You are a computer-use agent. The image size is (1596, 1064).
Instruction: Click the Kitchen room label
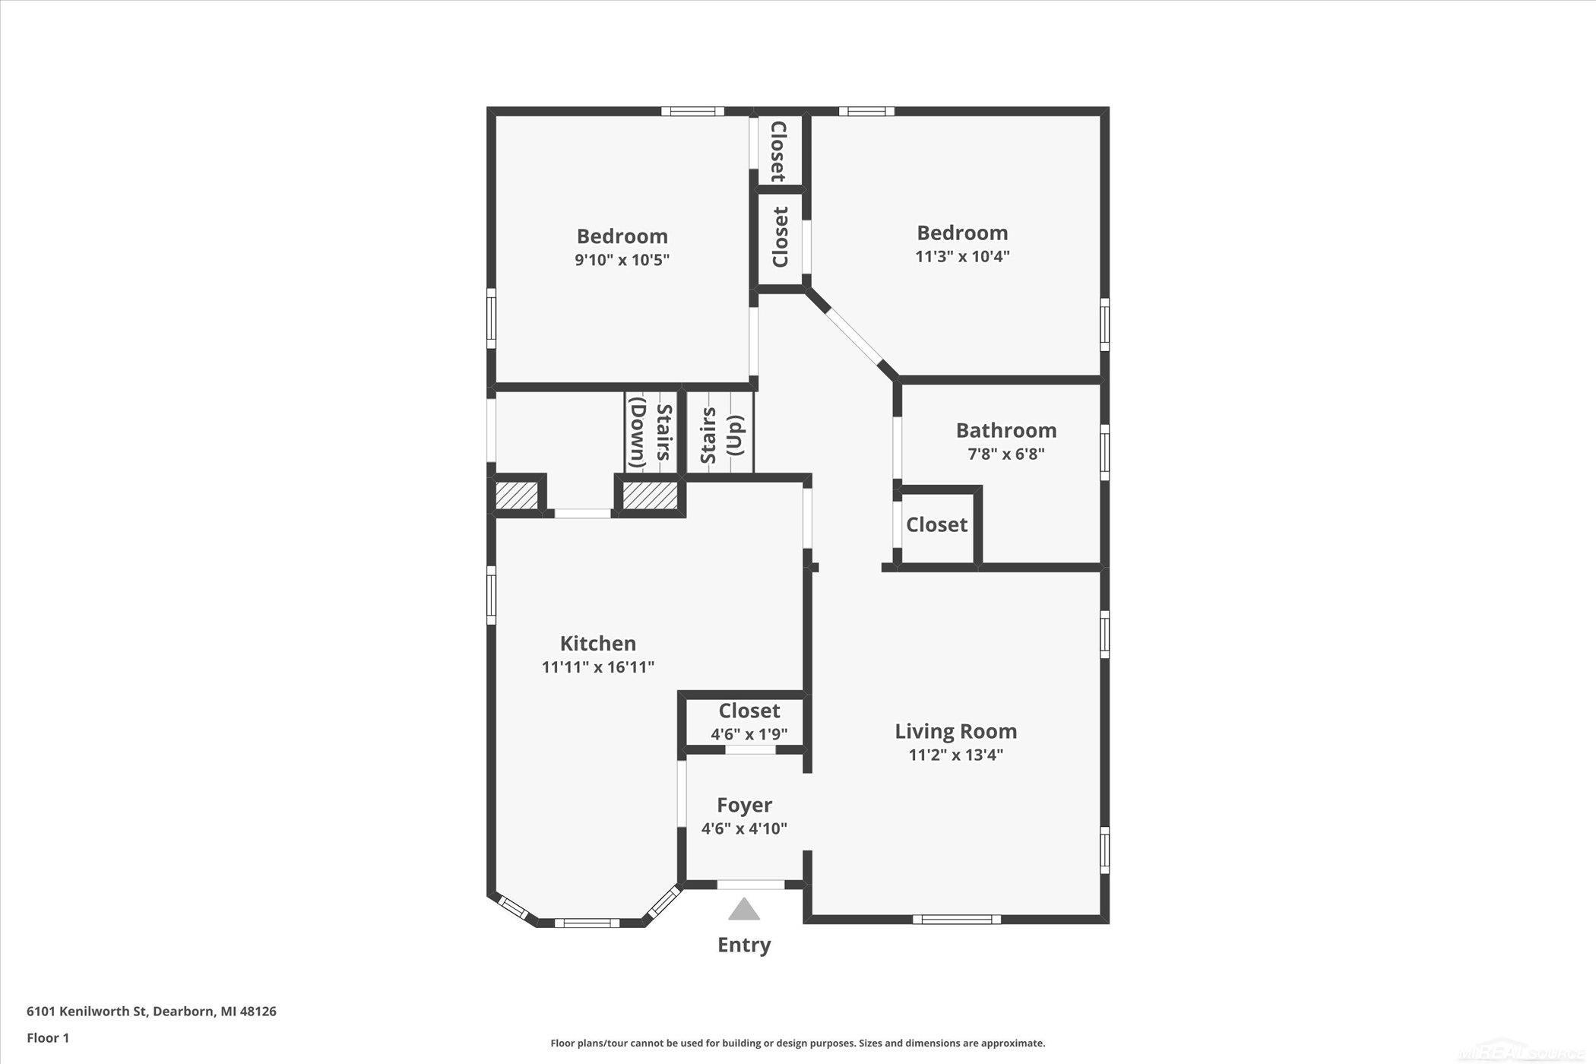click(598, 644)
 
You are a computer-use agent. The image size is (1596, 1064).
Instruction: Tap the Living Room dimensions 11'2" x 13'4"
click(956, 755)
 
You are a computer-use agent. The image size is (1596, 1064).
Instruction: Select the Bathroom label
click(1006, 430)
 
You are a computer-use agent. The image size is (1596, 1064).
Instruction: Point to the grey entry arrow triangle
click(744, 909)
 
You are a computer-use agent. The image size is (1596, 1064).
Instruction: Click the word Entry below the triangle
click(744, 945)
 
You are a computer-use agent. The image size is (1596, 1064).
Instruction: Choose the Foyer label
click(744, 805)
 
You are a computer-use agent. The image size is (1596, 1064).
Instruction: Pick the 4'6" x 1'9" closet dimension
click(749, 735)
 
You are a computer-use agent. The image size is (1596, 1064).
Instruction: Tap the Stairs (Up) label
click(721, 435)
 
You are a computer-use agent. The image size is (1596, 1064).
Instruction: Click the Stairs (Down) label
click(651, 433)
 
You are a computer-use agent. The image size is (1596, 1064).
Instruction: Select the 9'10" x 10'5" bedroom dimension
click(622, 260)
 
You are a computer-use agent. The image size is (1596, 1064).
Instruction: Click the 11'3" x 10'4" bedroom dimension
click(962, 256)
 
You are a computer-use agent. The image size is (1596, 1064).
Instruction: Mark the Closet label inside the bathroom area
click(936, 524)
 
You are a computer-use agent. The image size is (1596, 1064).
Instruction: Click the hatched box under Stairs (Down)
click(650, 496)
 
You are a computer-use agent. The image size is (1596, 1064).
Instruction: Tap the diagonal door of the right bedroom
click(852, 335)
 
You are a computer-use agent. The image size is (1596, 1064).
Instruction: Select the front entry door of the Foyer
click(751, 885)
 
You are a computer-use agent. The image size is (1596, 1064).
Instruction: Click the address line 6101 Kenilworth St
click(151, 1012)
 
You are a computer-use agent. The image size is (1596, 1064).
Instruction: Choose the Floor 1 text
click(48, 1038)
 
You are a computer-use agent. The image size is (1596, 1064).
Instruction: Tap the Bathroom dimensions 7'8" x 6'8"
click(1006, 454)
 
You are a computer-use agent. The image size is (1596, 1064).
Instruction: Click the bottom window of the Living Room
click(956, 920)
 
